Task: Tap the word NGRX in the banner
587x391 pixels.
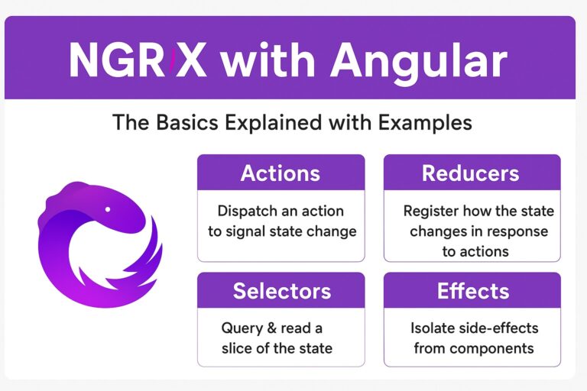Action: [x=137, y=60]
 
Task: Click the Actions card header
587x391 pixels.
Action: [x=281, y=173]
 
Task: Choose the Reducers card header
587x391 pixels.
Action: [x=471, y=173]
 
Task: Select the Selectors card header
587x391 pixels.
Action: [x=281, y=290]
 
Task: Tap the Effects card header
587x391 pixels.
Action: [x=471, y=290]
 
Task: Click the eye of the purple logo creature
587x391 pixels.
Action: [x=107, y=208]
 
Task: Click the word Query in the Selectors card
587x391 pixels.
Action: [x=242, y=328]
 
